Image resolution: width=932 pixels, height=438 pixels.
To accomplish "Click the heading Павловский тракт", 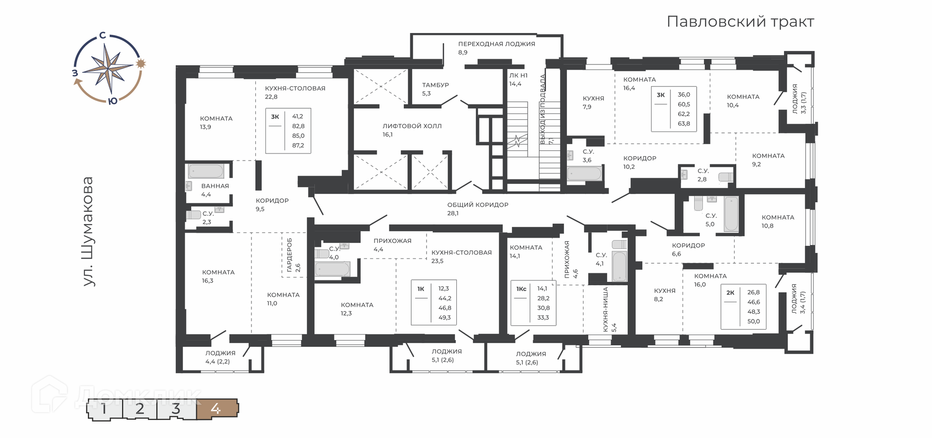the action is click(740, 22).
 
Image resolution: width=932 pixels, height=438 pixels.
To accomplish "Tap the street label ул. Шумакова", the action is click(87, 231).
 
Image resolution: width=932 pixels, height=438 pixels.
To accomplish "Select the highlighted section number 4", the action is click(216, 409).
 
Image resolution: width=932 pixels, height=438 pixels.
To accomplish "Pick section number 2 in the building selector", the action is click(140, 409).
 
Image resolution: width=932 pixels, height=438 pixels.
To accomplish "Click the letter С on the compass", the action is click(102, 35).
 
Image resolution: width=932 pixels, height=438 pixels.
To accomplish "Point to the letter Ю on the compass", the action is click(112, 101).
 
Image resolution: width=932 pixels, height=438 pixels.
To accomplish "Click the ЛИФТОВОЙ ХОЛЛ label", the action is click(412, 126).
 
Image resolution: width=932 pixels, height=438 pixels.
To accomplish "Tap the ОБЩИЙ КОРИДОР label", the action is click(478, 205).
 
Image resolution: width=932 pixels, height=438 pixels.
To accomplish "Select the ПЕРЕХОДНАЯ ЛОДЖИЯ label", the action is click(497, 44).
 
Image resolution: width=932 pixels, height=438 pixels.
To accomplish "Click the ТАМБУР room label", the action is click(435, 85).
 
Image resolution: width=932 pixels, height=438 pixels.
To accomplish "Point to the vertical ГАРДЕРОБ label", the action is click(289, 255).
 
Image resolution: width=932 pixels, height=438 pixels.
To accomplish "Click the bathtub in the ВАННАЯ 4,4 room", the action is click(206, 171).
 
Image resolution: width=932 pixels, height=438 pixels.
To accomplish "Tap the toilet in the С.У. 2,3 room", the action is click(194, 214).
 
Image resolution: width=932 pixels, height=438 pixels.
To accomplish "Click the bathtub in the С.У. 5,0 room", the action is click(731, 213).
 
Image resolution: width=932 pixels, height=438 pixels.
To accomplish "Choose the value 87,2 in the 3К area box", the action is click(298, 146).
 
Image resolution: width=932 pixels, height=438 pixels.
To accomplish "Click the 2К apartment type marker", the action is click(730, 292).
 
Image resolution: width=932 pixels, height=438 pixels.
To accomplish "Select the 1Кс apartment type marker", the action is click(521, 289).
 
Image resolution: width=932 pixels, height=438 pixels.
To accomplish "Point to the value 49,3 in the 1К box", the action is click(445, 318).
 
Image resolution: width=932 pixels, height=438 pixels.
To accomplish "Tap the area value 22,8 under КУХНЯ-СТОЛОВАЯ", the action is click(271, 97).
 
